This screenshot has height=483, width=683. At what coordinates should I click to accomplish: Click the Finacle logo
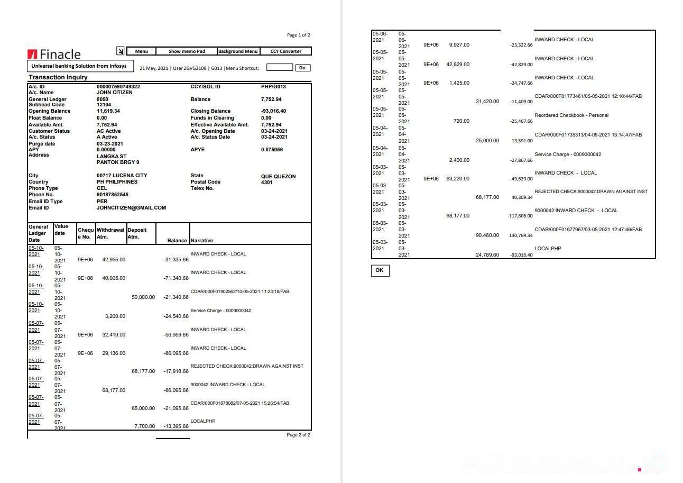point(54,54)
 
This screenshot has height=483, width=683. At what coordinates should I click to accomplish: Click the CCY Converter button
point(285,51)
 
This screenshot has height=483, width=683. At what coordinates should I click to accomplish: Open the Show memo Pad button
point(187,51)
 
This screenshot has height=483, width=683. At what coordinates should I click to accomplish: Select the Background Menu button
point(238,51)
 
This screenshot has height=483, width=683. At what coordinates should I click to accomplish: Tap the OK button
point(380,270)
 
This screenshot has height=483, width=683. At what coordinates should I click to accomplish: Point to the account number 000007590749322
point(118,86)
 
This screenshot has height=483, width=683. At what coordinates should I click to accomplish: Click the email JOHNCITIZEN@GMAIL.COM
point(131,208)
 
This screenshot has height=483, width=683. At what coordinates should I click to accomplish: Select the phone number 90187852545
point(113,195)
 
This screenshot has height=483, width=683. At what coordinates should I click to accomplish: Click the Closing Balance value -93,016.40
point(273,112)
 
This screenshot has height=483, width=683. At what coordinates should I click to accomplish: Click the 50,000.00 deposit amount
point(143,297)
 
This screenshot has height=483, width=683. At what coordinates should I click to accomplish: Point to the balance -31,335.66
point(176,260)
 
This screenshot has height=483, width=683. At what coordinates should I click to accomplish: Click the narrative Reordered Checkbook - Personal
point(571,115)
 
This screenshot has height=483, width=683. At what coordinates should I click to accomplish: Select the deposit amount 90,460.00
point(487,235)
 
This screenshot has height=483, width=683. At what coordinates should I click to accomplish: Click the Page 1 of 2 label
point(298,35)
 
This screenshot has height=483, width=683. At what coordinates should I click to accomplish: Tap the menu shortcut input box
point(279,67)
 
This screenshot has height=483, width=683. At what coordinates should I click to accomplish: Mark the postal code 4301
point(267,182)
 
